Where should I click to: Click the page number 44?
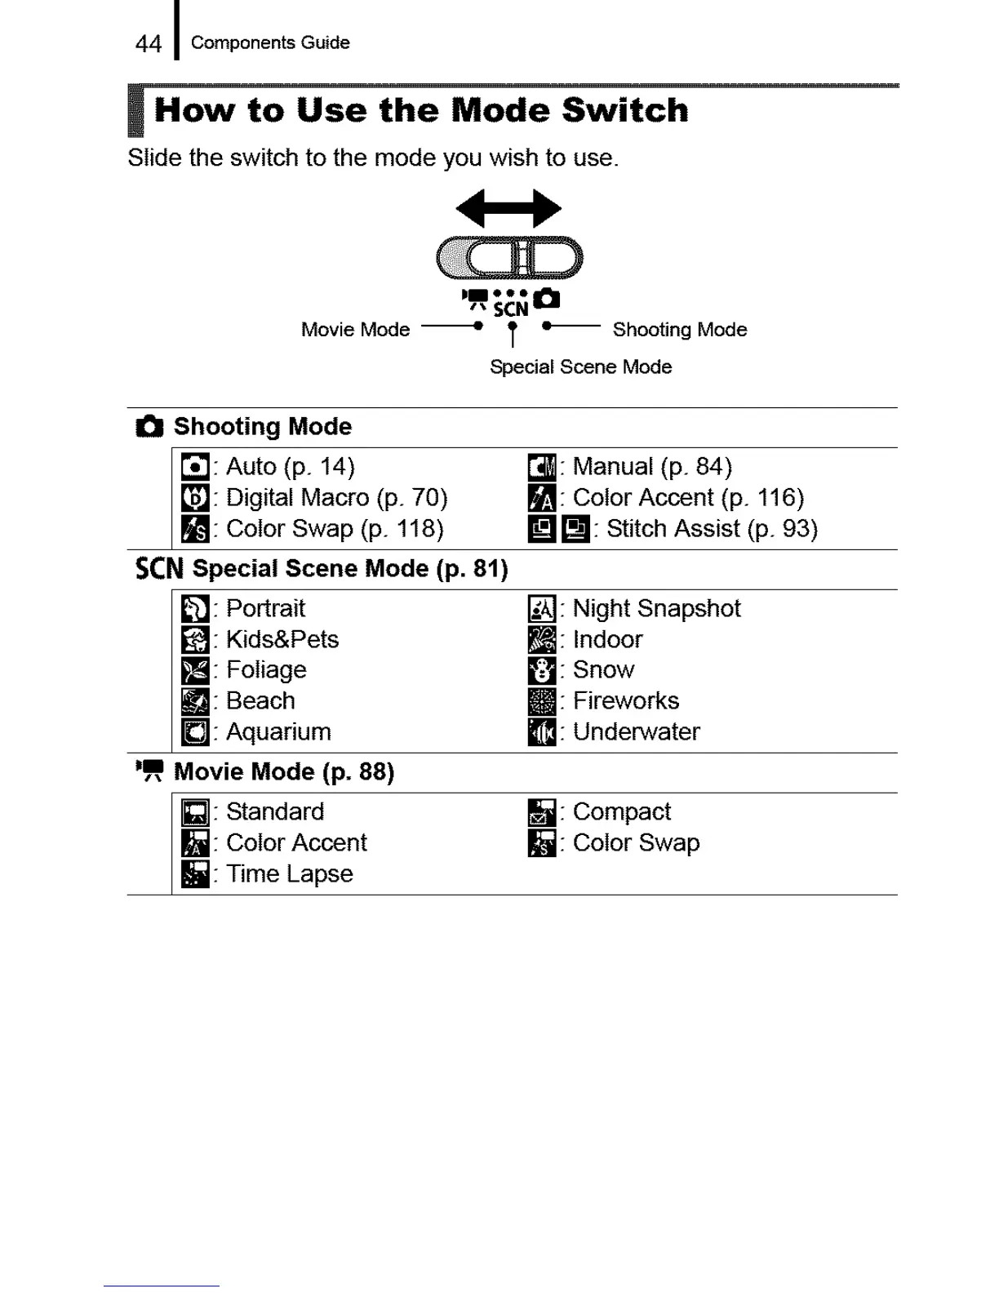[x=148, y=43]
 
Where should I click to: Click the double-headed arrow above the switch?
[x=508, y=208]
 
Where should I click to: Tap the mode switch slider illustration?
[x=509, y=258]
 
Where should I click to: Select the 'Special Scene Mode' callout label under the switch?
[x=580, y=367]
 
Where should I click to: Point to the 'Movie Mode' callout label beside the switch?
[x=355, y=330]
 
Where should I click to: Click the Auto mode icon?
[x=195, y=467]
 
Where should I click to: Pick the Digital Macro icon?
[x=195, y=498]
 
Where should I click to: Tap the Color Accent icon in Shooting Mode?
[x=542, y=498]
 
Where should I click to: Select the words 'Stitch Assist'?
[x=673, y=529]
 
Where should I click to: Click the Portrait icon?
[x=195, y=609]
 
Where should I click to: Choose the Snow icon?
[x=542, y=670]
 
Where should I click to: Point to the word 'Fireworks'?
[x=626, y=701]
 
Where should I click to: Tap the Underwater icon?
[x=542, y=732]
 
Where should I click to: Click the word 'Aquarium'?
[x=278, y=732]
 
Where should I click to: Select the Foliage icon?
[x=195, y=670]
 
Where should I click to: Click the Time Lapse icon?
[x=195, y=874]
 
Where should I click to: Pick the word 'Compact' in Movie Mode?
[x=622, y=812]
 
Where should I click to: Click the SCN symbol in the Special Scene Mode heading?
[x=159, y=568]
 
